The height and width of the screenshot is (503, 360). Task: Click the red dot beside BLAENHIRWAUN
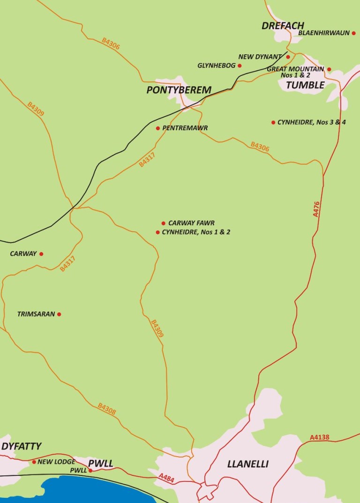(x=354, y=33)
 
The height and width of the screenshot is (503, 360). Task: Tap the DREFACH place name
(x=283, y=25)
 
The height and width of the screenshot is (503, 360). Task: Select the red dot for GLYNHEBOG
(x=240, y=66)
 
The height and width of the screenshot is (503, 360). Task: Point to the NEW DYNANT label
(x=260, y=57)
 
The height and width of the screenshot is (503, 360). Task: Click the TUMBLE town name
(x=305, y=85)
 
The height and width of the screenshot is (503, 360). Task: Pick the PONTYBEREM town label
(x=179, y=90)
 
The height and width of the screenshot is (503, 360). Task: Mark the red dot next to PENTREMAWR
(x=158, y=128)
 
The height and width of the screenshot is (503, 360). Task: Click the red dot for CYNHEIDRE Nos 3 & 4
(x=273, y=123)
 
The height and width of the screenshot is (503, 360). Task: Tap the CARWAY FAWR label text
(x=191, y=223)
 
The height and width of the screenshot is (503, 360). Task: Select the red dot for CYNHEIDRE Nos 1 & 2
(x=158, y=232)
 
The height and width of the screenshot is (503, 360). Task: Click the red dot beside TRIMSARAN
(x=59, y=314)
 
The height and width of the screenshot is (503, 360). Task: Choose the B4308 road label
(x=107, y=408)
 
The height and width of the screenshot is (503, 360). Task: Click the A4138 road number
(x=320, y=437)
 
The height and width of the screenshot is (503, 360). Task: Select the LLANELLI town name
(x=247, y=464)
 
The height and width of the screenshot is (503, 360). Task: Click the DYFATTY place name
(x=21, y=446)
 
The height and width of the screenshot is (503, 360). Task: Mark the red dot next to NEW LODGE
(x=34, y=462)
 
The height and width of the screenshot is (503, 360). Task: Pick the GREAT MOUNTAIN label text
(x=295, y=69)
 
